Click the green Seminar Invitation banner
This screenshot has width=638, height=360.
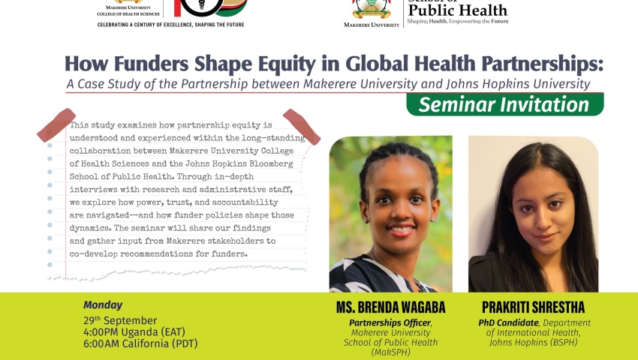pos(505,104)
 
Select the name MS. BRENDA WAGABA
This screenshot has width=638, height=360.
pos(390,307)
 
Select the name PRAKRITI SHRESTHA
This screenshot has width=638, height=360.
pos(534,307)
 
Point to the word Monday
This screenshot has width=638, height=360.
pos(103,305)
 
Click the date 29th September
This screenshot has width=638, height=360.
pos(120,320)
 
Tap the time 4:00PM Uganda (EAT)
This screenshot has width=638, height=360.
pos(134,332)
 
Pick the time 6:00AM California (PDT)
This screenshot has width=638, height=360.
pos(140,343)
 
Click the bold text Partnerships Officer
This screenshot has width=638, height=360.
pos(390,323)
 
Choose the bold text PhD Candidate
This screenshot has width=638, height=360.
pos(508,323)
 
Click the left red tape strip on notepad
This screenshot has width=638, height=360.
pos(56,125)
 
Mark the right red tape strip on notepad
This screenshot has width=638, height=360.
pos(302,127)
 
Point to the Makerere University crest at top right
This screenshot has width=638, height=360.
pos(372,9)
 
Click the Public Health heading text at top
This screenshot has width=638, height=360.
pos(457,10)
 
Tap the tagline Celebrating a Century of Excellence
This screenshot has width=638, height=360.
pos(170,25)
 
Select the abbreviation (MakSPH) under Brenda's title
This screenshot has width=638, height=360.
pos(390,352)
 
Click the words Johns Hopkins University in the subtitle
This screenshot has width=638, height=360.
pos(518,84)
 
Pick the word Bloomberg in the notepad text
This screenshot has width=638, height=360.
pos(272,164)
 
